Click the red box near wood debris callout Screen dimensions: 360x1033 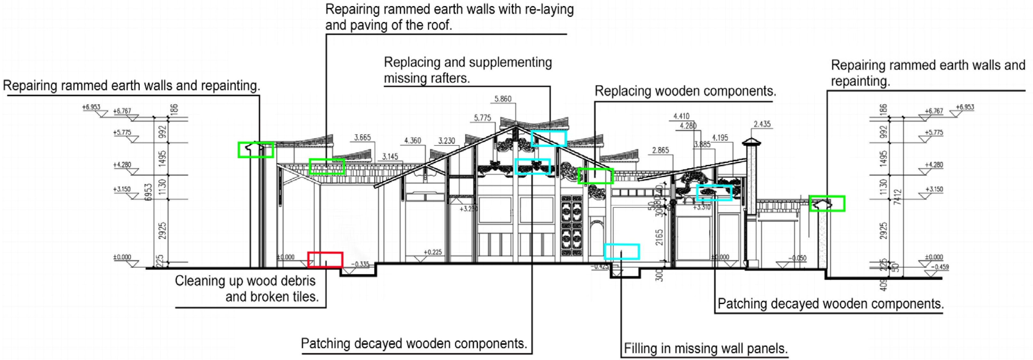tap(325, 260)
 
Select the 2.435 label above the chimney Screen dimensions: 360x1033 tap(762, 124)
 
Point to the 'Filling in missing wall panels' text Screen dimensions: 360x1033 tap(706, 348)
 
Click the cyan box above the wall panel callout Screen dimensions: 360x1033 tap(622, 252)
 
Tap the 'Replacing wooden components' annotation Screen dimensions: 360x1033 tap(685, 91)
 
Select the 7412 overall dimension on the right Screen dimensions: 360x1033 tap(897, 197)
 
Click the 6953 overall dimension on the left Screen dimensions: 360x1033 tap(149, 192)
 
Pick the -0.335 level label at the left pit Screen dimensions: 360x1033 tap(360, 265)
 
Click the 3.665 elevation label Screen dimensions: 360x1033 tap(362, 137)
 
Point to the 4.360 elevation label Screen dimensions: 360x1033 tap(413, 141)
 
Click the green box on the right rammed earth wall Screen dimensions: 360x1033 tap(827, 204)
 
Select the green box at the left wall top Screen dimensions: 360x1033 tap(255, 150)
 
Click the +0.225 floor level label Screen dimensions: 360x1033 tap(433, 252)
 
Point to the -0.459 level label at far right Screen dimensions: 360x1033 tap(940, 267)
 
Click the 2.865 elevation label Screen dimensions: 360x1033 tap(661, 150)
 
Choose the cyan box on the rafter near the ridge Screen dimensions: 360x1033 tap(549, 138)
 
